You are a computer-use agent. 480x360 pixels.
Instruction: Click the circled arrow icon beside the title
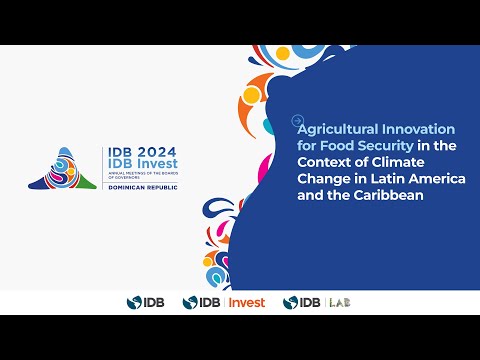click(297, 121)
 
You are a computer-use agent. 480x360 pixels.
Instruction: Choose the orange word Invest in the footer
click(248, 302)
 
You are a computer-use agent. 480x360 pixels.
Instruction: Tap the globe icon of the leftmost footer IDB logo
click(133, 302)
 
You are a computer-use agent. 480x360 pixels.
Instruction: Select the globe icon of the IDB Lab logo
click(290, 302)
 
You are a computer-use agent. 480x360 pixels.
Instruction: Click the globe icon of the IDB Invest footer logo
click(189, 302)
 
